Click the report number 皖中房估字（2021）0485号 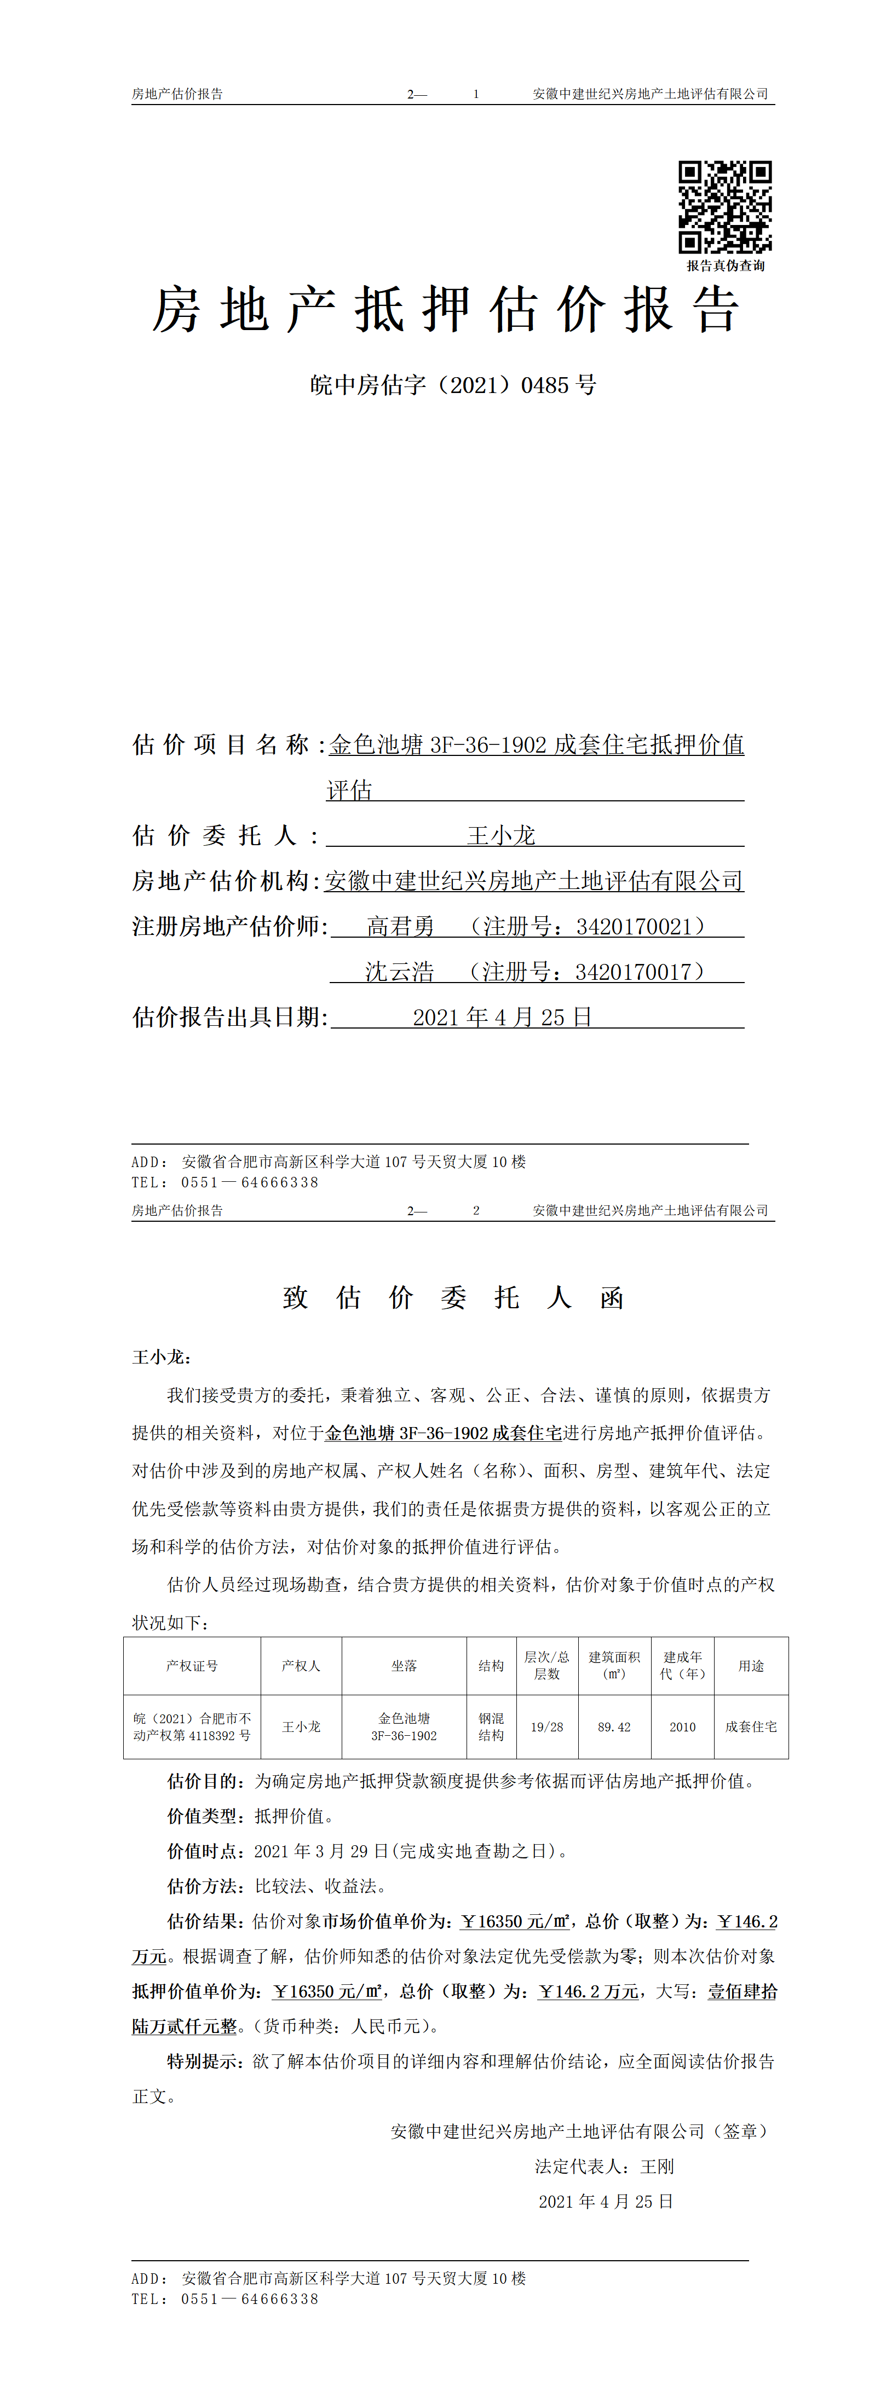[453, 384]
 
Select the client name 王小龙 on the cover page [502, 835]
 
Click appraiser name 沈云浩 [399, 972]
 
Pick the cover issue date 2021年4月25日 [502, 1017]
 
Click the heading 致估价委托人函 [453, 1298]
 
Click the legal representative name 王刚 [657, 2167]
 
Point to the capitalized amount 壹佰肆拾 [743, 1992]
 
